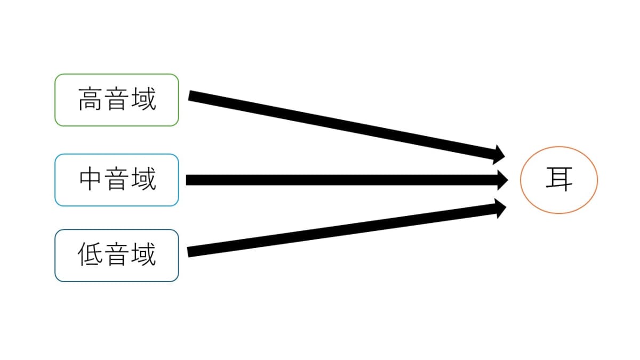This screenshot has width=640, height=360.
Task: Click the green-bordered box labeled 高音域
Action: (117, 100)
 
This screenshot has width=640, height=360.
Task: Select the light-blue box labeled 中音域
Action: (117, 180)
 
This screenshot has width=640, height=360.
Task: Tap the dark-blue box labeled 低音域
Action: (117, 255)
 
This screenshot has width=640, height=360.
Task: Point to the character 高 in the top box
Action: (90, 99)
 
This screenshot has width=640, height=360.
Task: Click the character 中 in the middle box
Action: (90, 179)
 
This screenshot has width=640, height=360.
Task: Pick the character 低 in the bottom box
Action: (90, 254)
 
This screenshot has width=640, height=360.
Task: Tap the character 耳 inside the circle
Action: (559, 179)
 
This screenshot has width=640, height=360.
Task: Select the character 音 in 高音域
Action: (117, 99)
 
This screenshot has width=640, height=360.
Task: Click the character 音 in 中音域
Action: (117, 179)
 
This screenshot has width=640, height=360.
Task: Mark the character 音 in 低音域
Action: (117, 254)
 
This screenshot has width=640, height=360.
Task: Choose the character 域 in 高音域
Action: (143, 99)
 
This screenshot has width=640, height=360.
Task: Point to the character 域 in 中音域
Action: (143, 179)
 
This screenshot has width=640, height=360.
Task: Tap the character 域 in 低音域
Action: (143, 254)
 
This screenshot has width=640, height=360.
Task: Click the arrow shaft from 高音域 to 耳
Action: (341, 126)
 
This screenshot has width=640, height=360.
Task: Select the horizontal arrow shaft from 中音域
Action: (342, 180)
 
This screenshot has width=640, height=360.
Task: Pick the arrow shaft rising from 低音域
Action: (342, 230)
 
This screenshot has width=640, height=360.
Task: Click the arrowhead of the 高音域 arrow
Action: (499, 155)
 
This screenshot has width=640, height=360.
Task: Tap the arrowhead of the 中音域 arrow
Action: (502, 180)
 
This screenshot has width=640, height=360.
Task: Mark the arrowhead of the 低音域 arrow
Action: (501, 209)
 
